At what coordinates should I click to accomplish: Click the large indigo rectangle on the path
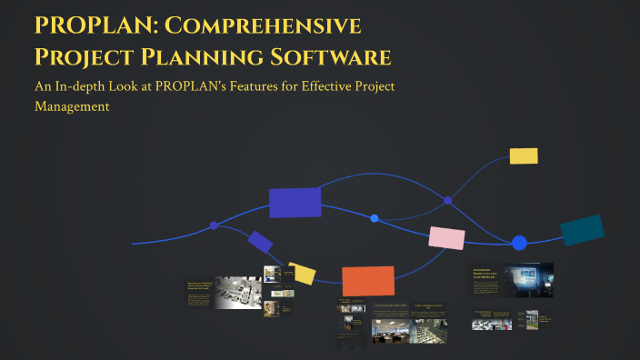click(x=295, y=203)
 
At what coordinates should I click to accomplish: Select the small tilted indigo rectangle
click(x=260, y=242)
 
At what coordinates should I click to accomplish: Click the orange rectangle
click(x=368, y=281)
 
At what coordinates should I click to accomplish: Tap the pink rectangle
click(x=446, y=238)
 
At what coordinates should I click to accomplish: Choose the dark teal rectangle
click(x=582, y=230)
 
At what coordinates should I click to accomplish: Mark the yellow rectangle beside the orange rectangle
click(x=303, y=274)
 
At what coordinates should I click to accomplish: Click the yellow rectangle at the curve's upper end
click(x=524, y=155)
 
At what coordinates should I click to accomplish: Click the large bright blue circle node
click(x=519, y=243)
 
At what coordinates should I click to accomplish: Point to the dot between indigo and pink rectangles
click(x=375, y=218)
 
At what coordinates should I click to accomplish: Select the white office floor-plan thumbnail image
click(x=238, y=293)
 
